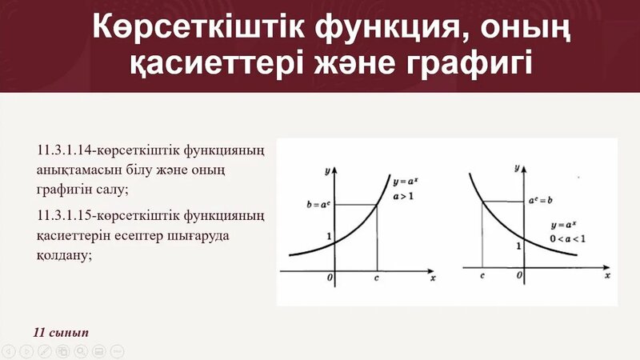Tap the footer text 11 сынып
(x=62, y=331)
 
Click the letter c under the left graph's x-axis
(x=378, y=279)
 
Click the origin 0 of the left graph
(x=329, y=279)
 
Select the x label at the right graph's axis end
(x=608, y=274)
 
